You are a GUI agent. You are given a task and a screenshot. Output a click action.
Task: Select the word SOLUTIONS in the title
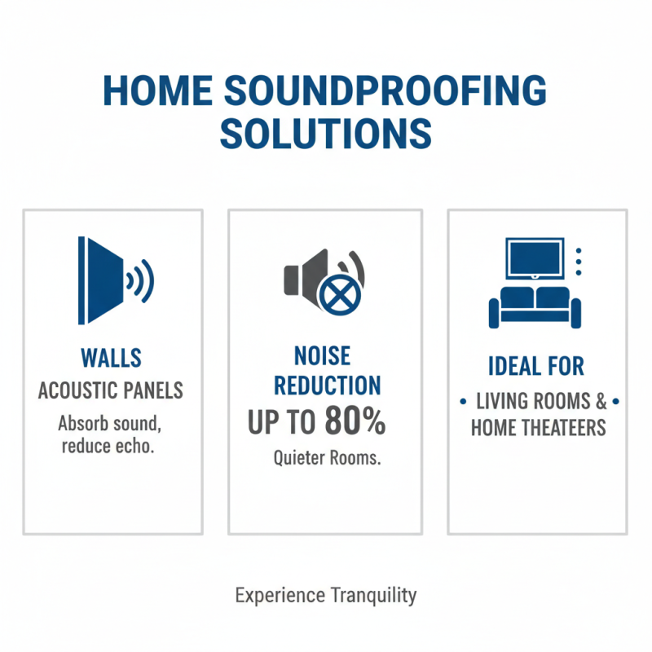tap(325, 131)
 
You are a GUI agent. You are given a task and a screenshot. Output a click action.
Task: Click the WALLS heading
tap(112, 358)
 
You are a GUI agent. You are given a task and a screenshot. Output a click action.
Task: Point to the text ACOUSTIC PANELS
tap(112, 391)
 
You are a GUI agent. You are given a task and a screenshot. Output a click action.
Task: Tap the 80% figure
tap(355, 422)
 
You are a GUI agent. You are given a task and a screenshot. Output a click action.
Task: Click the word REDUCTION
tap(325, 385)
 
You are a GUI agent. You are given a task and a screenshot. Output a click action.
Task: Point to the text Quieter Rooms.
tap(327, 458)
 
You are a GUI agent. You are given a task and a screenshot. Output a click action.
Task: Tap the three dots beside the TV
tap(579, 261)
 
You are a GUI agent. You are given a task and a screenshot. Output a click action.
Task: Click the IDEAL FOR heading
tap(536, 366)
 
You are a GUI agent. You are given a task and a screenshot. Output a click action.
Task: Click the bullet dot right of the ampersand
tap(615, 402)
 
